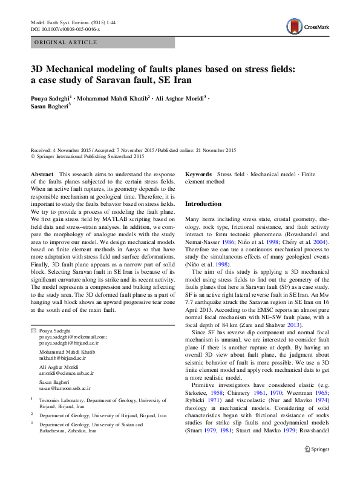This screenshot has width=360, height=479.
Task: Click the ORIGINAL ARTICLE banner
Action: click(66, 42)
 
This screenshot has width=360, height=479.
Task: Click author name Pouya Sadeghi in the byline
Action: click(53, 97)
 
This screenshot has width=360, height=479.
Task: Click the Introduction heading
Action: click(203, 204)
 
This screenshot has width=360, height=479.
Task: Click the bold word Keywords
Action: click(198, 174)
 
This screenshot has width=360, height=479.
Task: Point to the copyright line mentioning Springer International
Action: click(88, 156)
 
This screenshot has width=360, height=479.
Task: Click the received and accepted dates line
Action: click(134, 150)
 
